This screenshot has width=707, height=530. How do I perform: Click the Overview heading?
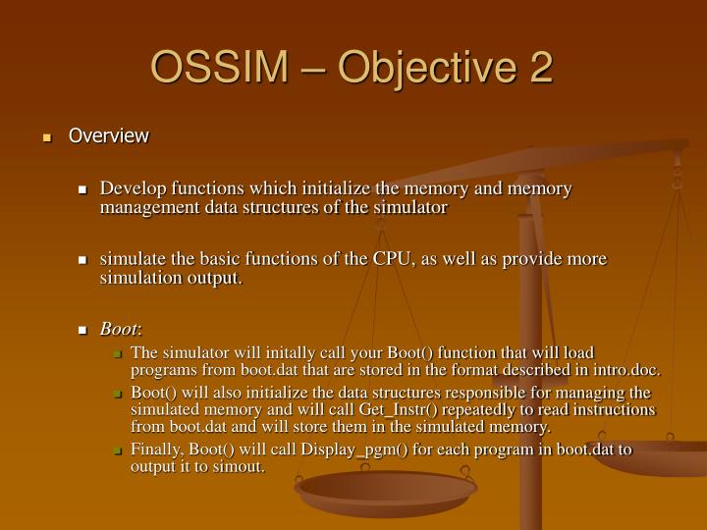[108, 135]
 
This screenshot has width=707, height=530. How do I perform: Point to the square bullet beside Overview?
[46, 136]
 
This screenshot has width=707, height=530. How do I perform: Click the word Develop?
[133, 188]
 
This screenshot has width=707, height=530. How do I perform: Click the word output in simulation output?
[209, 278]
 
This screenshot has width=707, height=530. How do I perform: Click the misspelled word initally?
[257, 353]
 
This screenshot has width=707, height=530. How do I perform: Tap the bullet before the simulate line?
[83, 260]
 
